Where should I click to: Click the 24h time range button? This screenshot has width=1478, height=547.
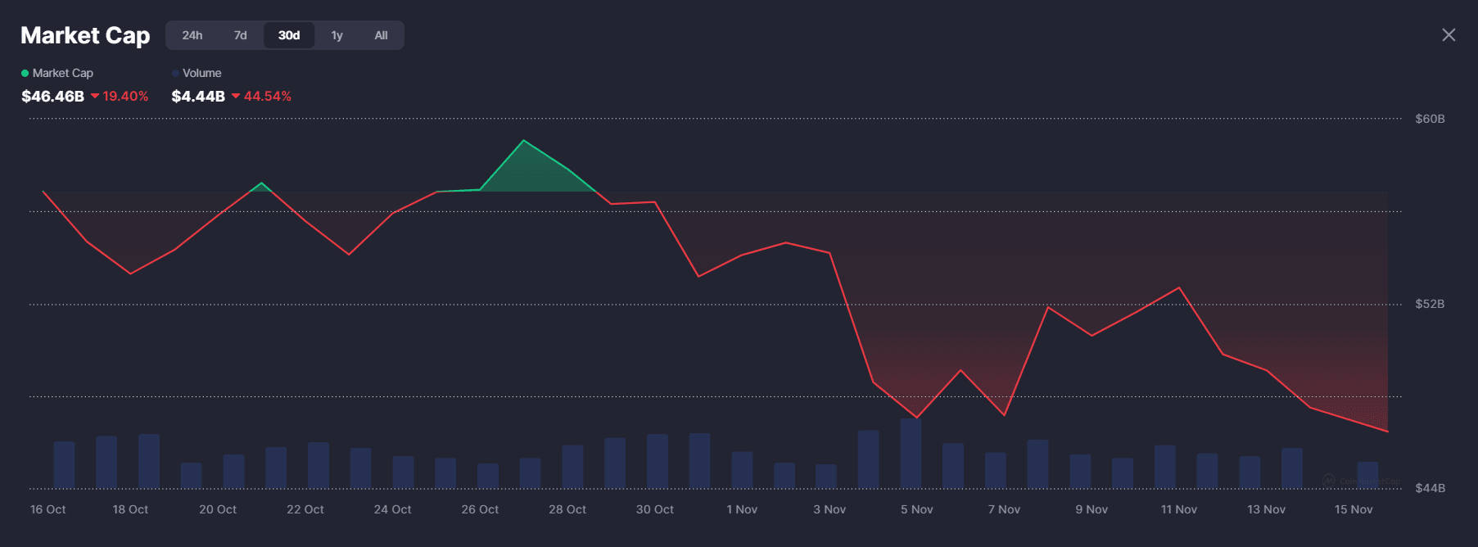tap(192, 35)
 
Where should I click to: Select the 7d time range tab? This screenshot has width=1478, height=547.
tap(240, 35)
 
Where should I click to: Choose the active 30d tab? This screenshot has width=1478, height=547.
tap(289, 35)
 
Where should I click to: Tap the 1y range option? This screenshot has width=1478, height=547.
tap(337, 35)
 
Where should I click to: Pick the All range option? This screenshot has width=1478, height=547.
tap(381, 35)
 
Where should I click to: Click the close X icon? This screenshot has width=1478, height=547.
tap(1449, 34)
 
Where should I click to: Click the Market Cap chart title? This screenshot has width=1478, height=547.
tap(85, 35)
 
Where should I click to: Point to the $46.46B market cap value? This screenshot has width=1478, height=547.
tap(52, 96)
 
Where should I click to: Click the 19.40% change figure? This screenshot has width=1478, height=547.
tap(125, 96)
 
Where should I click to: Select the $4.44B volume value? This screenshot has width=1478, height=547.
tap(198, 96)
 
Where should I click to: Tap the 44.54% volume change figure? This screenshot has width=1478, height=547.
tap(267, 96)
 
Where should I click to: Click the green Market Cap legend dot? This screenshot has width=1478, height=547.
tap(25, 73)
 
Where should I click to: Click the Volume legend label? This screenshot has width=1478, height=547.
tap(201, 73)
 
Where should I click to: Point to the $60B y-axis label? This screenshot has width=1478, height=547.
tap(1430, 119)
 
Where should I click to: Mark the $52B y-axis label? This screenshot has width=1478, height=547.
tap(1430, 304)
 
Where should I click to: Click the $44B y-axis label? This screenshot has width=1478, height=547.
tap(1430, 488)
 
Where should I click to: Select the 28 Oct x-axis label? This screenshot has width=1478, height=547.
tap(567, 509)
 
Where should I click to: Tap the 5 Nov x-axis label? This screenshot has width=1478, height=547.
tap(917, 509)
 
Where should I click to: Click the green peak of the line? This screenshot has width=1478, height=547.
tap(524, 142)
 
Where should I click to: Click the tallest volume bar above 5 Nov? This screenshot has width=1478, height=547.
tap(911, 453)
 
